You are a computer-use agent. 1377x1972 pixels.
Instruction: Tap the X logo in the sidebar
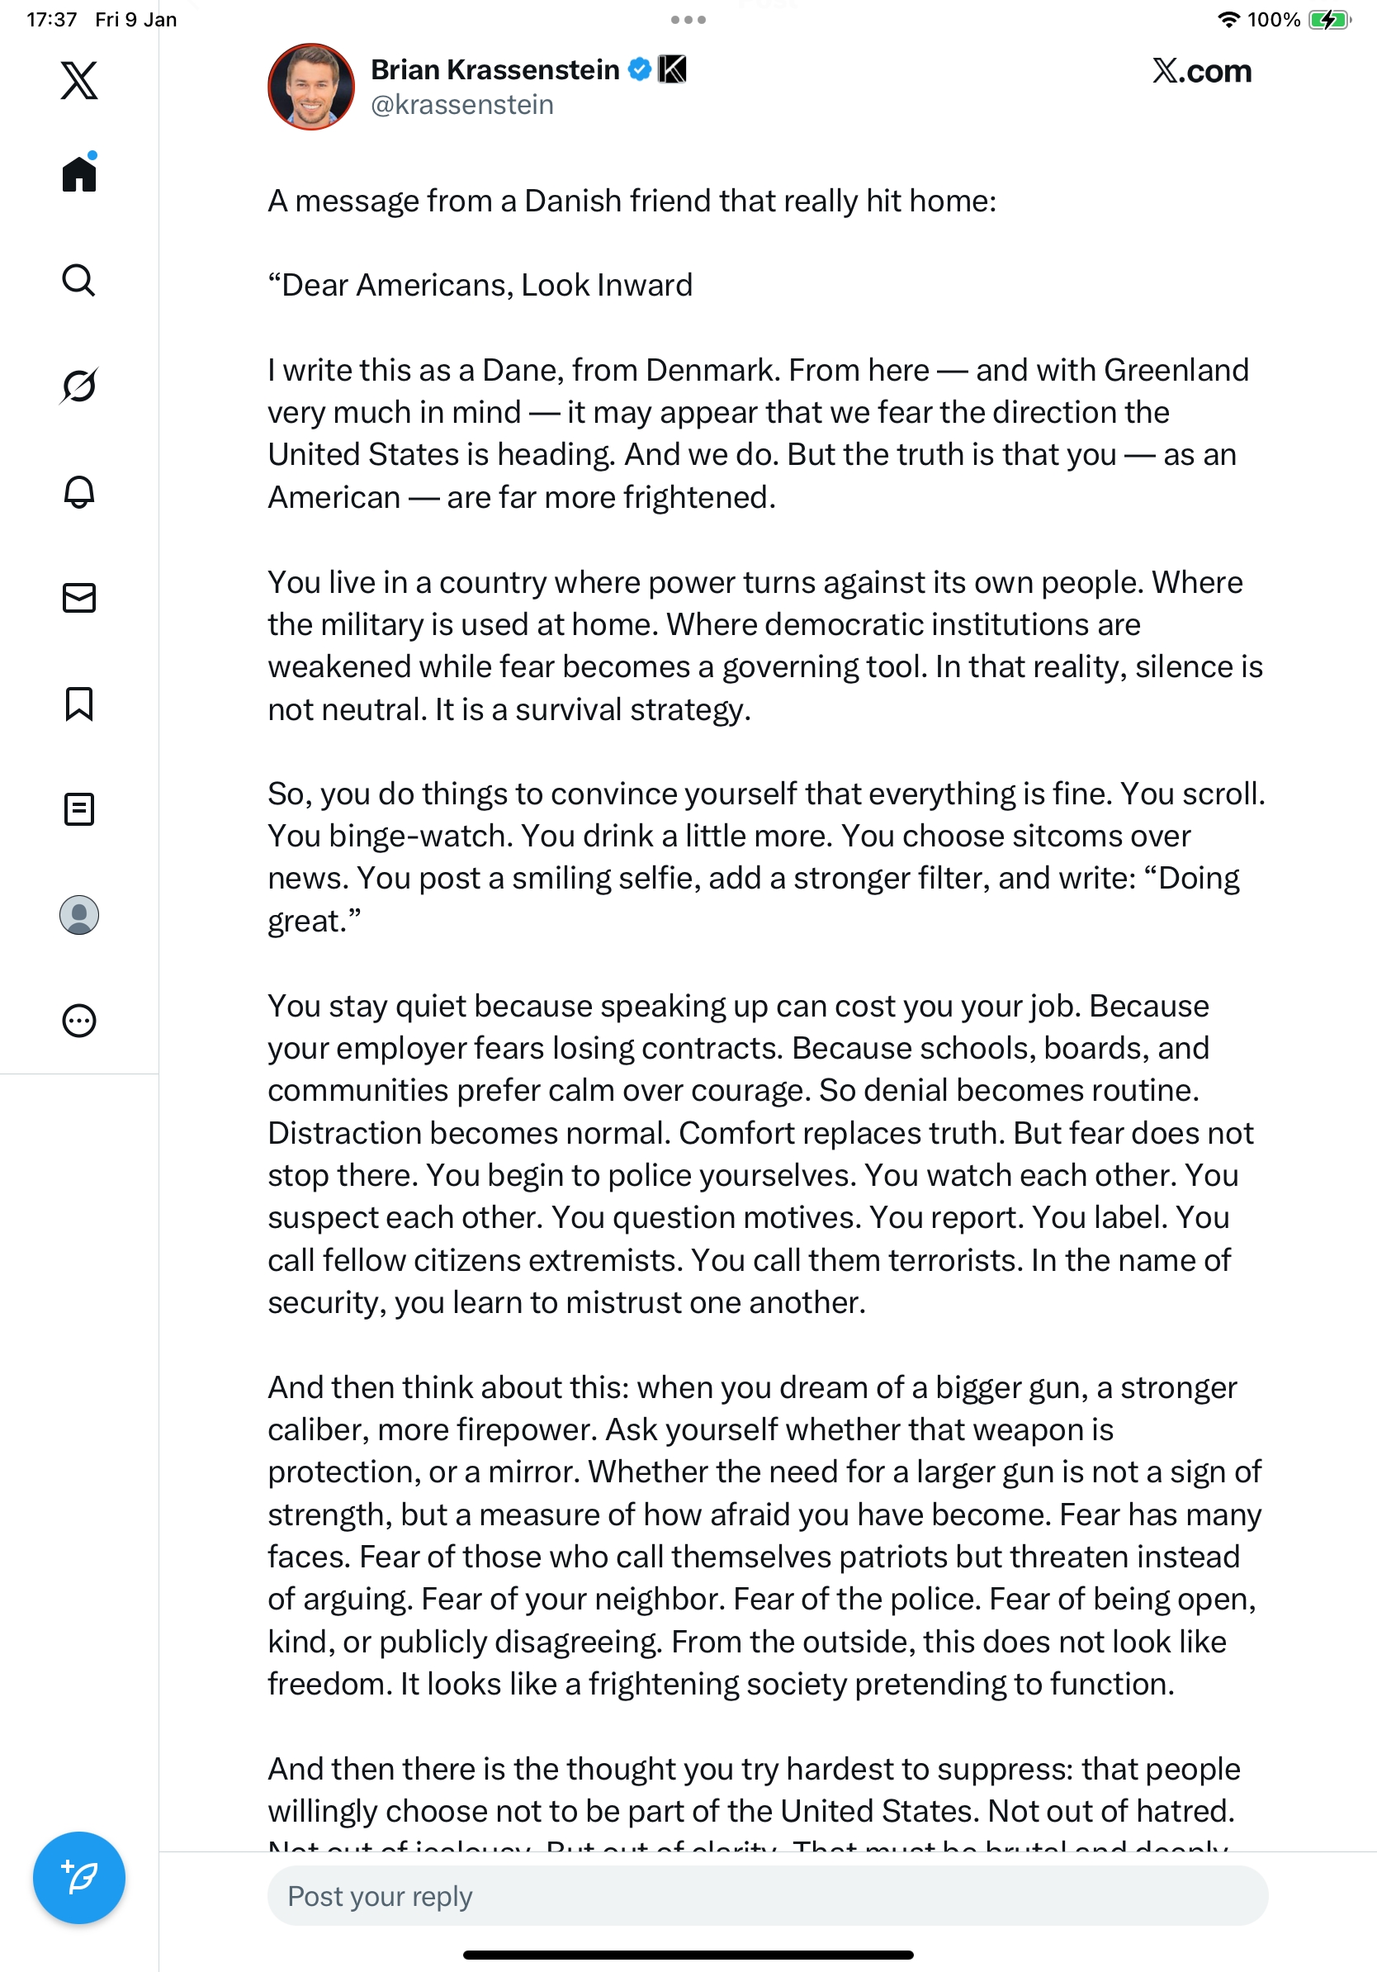click(79, 81)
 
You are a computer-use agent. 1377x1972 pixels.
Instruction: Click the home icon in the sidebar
click(79, 174)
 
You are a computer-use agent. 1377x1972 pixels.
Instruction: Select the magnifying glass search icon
click(79, 280)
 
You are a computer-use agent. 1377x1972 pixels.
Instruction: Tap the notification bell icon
click(79, 491)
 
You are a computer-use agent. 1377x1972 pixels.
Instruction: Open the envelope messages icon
click(79, 598)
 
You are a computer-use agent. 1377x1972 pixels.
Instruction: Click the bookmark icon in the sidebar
click(79, 704)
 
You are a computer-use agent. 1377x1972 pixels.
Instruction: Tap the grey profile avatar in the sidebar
click(79, 915)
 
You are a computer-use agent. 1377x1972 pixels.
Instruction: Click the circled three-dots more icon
click(79, 1022)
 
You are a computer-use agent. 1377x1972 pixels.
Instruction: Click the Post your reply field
click(767, 1895)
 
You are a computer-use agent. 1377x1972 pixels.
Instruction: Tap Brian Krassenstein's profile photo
click(310, 87)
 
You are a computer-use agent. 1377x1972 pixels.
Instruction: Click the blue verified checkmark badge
click(640, 69)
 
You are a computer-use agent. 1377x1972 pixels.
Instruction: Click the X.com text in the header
click(1201, 71)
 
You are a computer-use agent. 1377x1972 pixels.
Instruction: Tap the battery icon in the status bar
click(1329, 20)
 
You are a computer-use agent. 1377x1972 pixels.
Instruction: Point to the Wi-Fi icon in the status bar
click(1228, 20)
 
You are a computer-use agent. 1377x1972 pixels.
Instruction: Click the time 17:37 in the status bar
click(51, 20)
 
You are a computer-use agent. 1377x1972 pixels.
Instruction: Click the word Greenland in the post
click(1176, 370)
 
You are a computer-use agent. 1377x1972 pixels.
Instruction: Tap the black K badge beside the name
click(672, 69)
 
